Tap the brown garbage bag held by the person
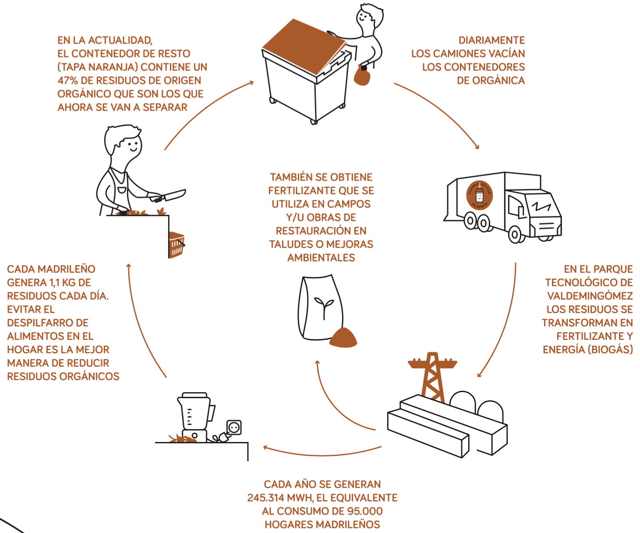click(362, 76)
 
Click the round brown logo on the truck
click(480, 195)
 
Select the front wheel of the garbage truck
click(515, 234)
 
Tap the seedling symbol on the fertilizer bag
click(324, 306)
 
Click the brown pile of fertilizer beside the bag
click(343, 338)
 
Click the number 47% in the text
click(67, 81)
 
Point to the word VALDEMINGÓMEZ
click(590, 296)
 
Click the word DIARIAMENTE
click(491, 40)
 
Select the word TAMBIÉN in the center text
click(292, 177)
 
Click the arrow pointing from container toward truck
click(438, 114)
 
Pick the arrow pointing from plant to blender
click(322, 453)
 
